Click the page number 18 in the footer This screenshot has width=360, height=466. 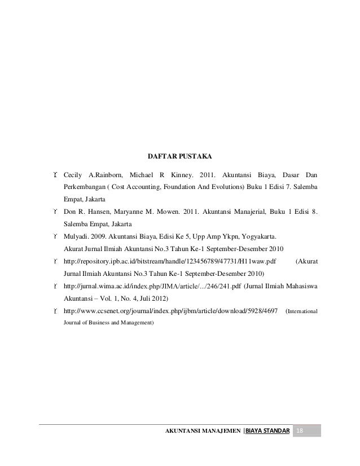(300, 432)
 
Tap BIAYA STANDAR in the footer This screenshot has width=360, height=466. (267, 432)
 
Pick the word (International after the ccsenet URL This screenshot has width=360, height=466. (302, 311)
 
